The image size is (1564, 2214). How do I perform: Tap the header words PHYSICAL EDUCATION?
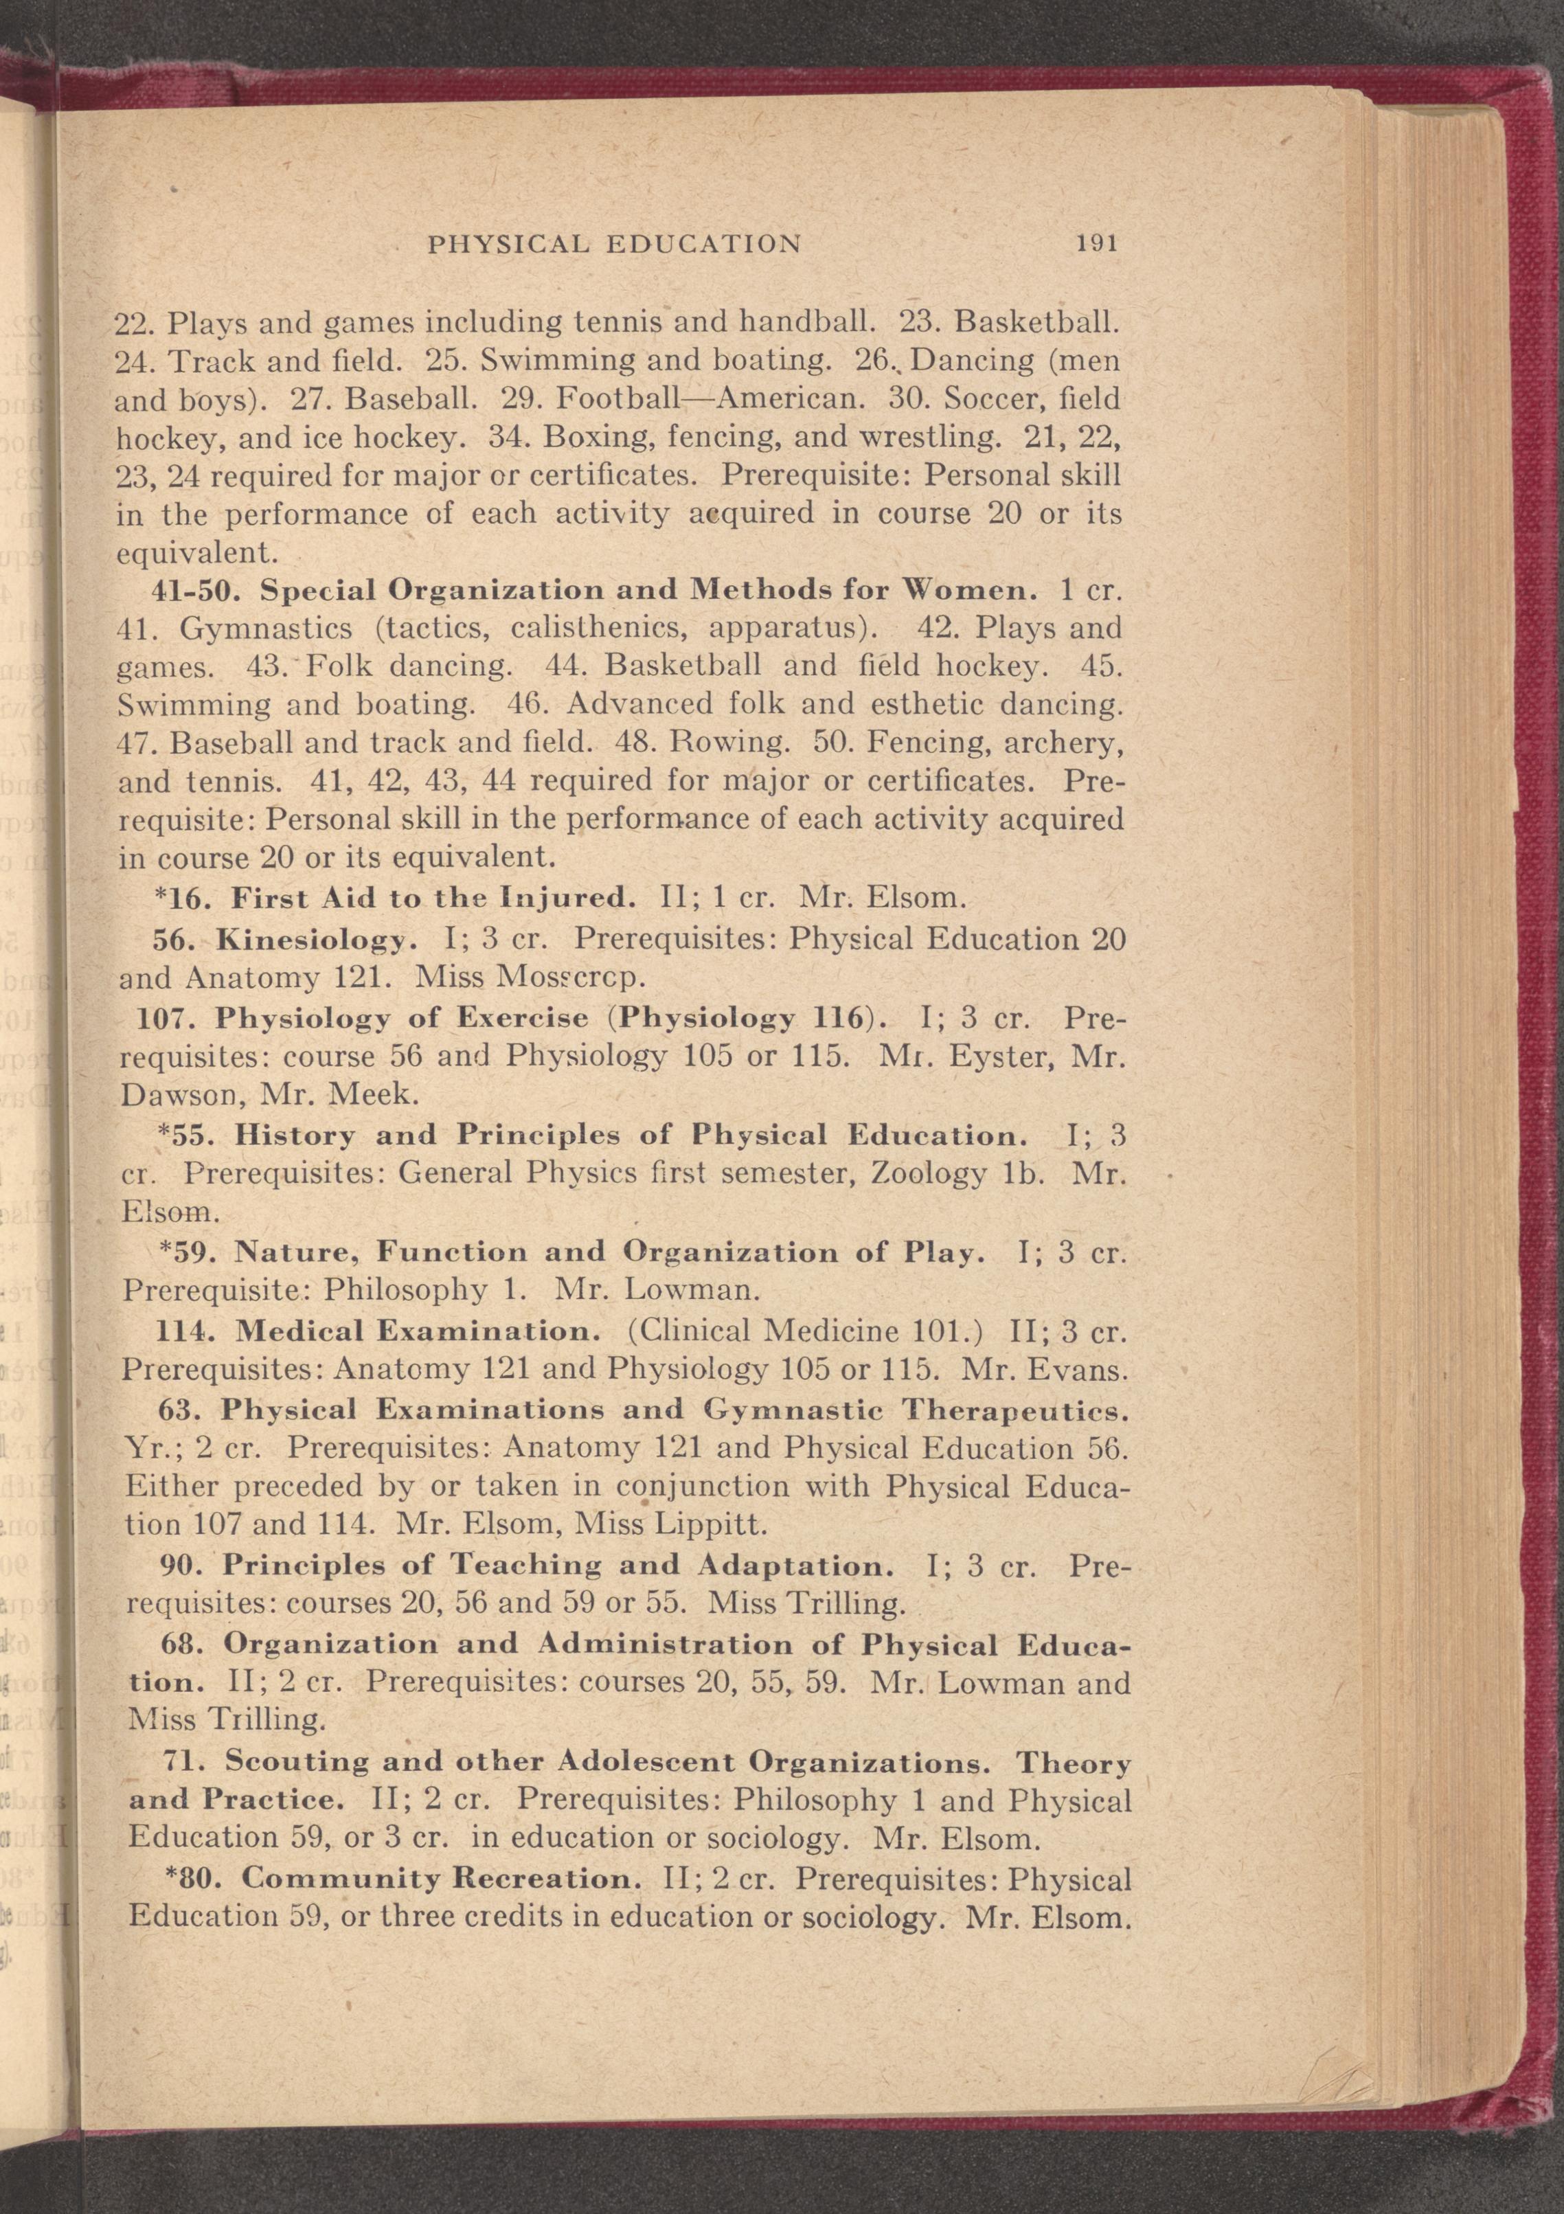coord(614,244)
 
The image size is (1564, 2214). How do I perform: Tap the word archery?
coord(1053,743)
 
